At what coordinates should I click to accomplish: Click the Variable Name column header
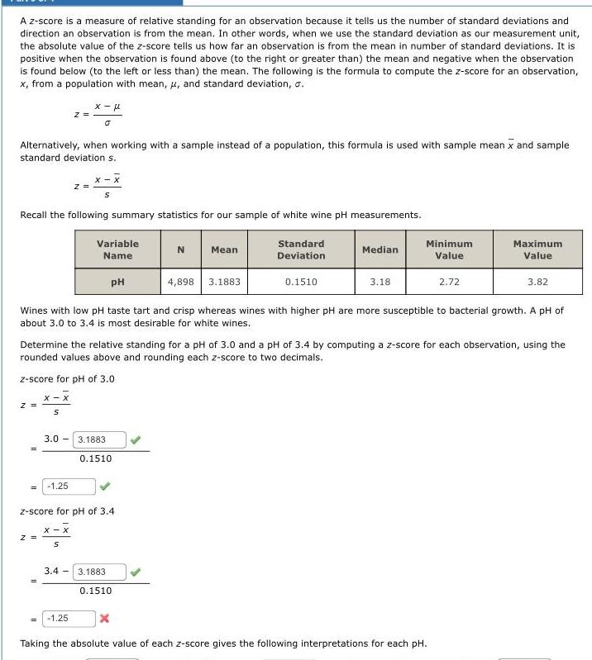[x=117, y=249]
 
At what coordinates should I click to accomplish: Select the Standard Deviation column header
[x=300, y=249]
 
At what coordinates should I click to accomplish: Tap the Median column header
[x=380, y=249]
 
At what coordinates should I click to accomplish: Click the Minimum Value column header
[x=449, y=249]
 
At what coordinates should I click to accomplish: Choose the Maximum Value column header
[x=537, y=249]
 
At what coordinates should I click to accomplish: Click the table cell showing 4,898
[x=181, y=282]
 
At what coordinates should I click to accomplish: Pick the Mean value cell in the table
[x=224, y=282]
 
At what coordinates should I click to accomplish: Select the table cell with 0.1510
[x=300, y=282]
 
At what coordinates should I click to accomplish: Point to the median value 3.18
[x=380, y=282]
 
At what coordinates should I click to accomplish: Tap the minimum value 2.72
[x=449, y=282]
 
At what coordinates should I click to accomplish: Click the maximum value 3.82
[x=537, y=282]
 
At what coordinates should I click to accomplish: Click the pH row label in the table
[x=117, y=282]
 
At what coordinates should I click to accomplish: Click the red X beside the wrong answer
[x=105, y=618]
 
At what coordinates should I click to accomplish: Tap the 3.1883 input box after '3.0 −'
[x=101, y=440]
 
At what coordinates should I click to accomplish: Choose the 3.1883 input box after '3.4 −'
[x=101, y=572]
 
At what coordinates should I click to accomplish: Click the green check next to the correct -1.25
[x=105, y=486]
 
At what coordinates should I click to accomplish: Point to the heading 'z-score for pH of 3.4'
[x=66, y=511]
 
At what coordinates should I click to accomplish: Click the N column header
[x=181, y=249]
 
